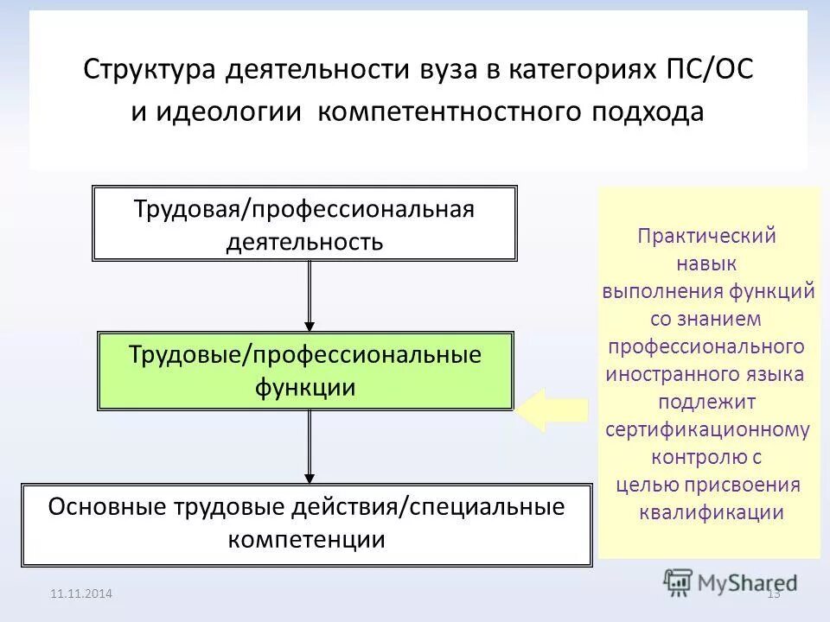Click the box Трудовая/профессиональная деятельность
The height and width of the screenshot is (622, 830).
pyautogui.click(x=304, y=223)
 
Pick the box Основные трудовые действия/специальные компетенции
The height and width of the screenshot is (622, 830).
pyautogui.click(x=306, y=524)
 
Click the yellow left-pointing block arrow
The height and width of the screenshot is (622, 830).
pyautogui.click(x=553, y=409)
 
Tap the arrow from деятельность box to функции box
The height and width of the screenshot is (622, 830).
pyautogui.click(x=309, y=294)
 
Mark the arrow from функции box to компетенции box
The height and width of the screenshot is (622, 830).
pyautogui.click(x=309, y=446)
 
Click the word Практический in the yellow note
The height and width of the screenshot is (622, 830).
pyautogui.click(x=707, y=236)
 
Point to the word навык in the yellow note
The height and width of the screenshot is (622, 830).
pyautogui.click(x=707, y=263)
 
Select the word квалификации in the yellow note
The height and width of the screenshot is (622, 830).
pyautogui.click(x=711, y=512)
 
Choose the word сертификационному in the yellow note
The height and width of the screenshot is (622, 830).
pyautogui.click(x=707, y=429)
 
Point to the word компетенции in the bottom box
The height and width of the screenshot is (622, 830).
pyautogui.click(x=306, y=541)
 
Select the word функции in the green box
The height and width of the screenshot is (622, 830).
pyautogui.click(x=305, y=388)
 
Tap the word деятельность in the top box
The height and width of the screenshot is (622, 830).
pyautogui.click(x=304, y=241)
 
